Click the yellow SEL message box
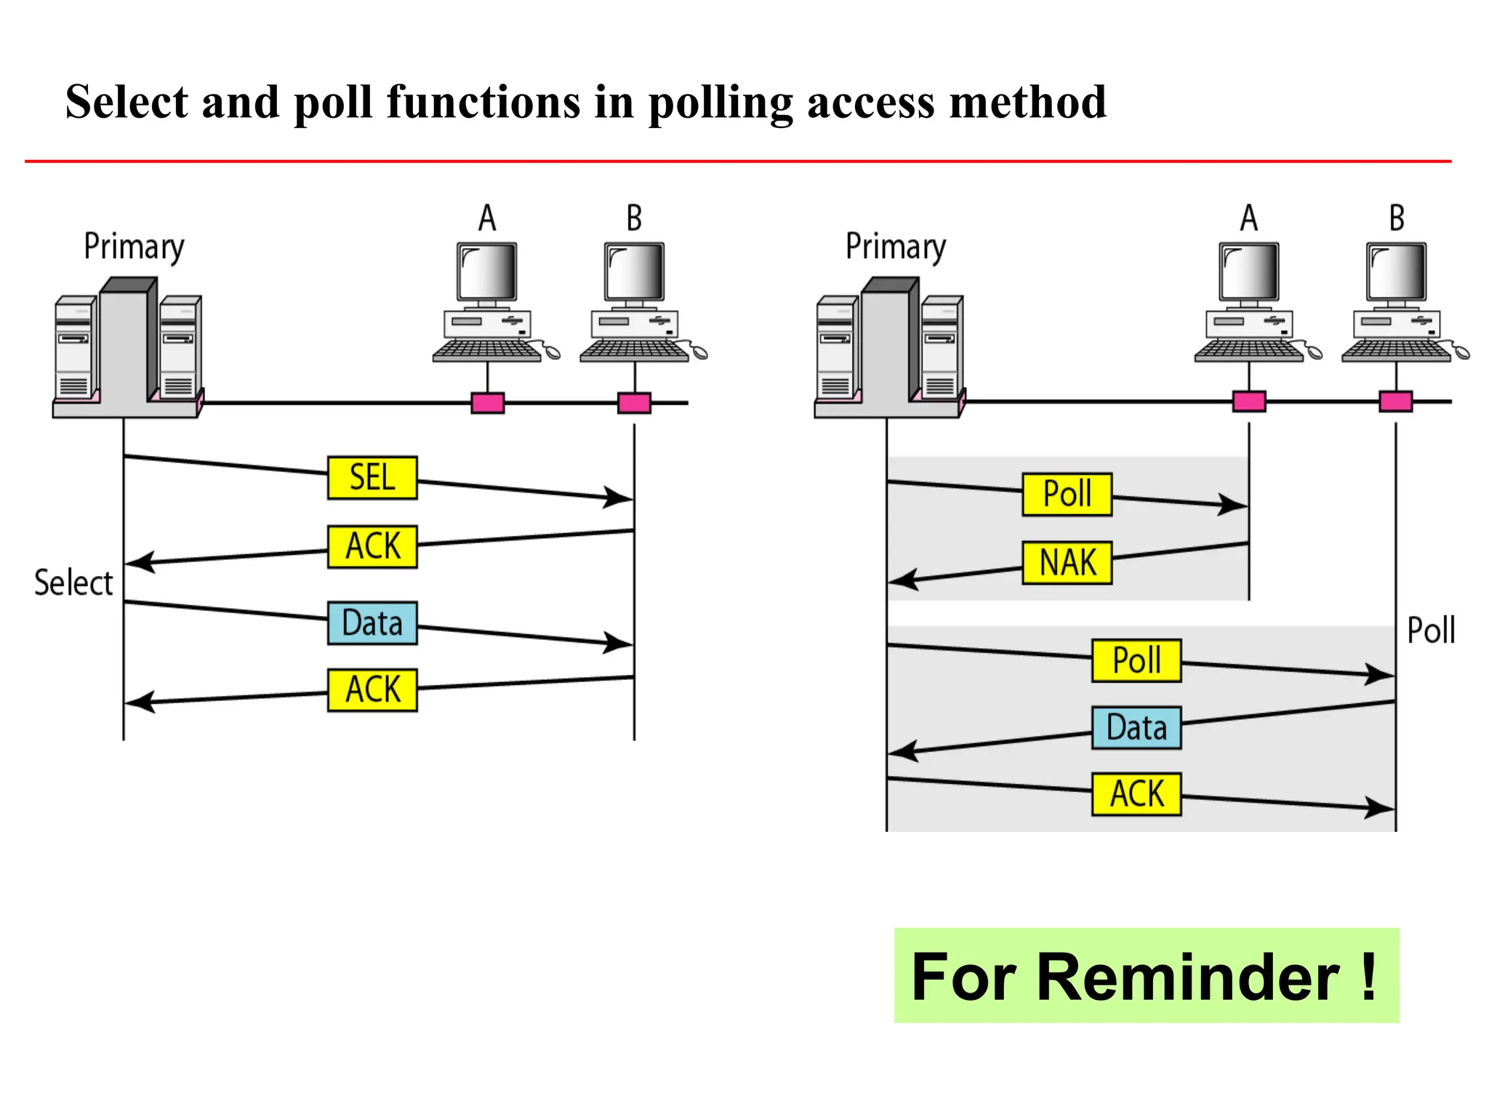372,478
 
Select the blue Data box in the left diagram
372,623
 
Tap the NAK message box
1067,563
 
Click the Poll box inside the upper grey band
1067,495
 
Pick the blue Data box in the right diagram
1136,728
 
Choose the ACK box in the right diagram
1136,794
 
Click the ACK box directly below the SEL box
372,546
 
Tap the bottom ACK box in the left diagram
372,689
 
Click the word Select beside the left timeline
73,583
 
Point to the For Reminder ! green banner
1146,976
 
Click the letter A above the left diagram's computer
487,218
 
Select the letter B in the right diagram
1396,218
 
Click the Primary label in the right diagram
895,247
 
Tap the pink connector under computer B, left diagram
634,403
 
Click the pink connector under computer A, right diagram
1249,401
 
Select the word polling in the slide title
721,103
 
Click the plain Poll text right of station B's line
1430,630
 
